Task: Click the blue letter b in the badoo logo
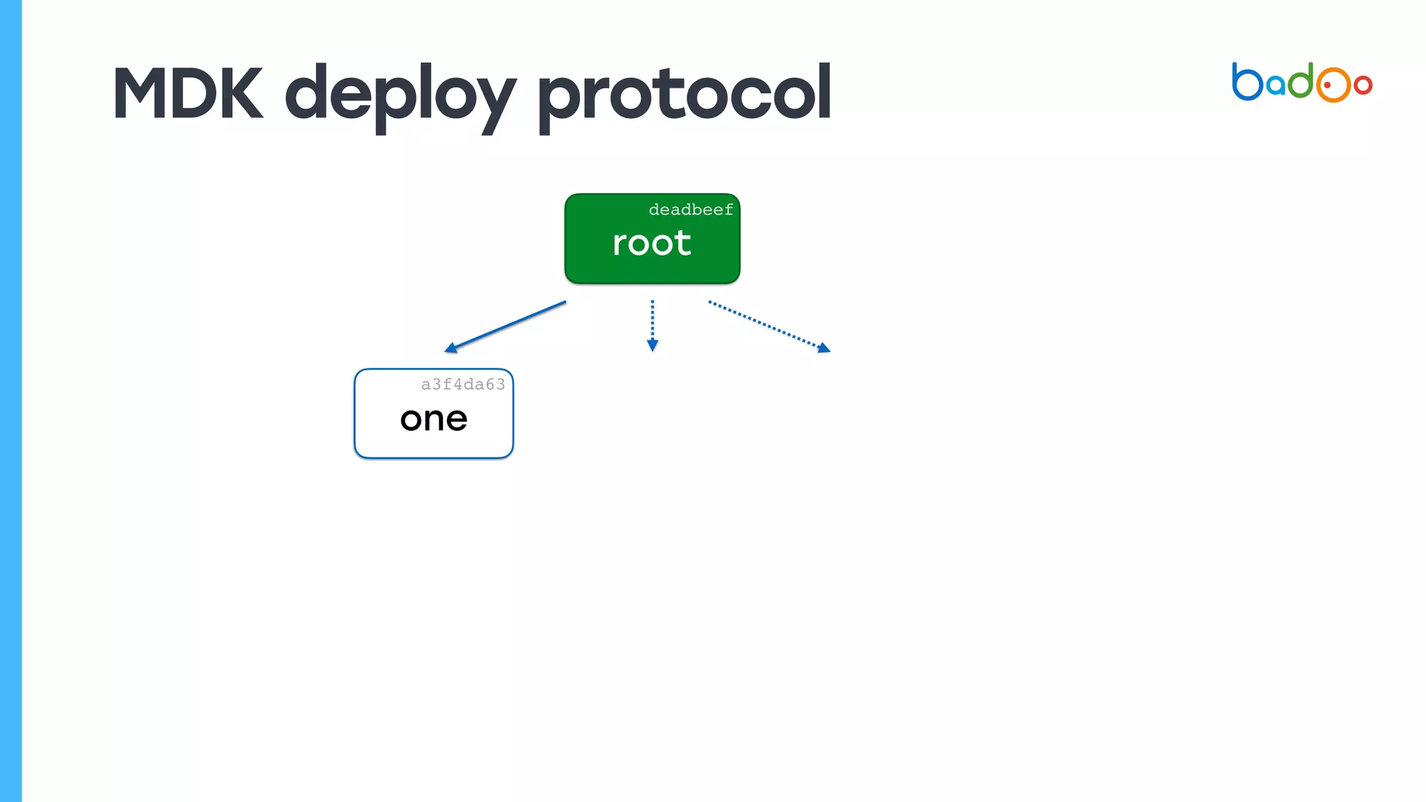[x=1246, y=83]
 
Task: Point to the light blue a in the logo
[x=1276, y=85]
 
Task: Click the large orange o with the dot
[x=1333, y=85]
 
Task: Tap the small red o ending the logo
[x=1363, y=85]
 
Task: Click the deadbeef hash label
[x=691, y=210]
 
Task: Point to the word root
[x=652, y=243]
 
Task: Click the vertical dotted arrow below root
[x=652, y=320]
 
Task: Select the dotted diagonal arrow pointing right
[x=766, y=324]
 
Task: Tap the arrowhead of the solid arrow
[x=450, y=348]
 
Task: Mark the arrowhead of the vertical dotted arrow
[x=652, y=346]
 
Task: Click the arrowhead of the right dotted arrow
[x=824, y=348]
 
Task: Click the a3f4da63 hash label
[x=463, y=384]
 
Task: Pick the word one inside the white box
[x=434, y=419]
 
